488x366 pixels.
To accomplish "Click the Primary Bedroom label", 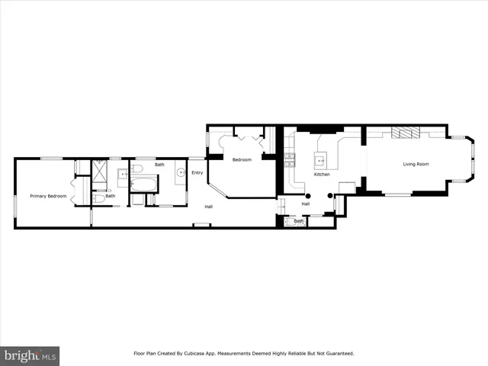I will (48, 196).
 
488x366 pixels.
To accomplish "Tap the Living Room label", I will (416, 164).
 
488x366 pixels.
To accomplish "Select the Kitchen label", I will (322, 175).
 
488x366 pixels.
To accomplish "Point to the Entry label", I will (197, 173).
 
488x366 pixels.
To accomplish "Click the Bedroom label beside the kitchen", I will (242, 159).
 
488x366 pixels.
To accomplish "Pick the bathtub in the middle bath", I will (143, 184).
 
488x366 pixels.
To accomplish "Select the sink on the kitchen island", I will (321, 159).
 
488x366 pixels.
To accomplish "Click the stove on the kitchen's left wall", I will (290, 159).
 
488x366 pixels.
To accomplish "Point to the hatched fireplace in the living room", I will (404, 133).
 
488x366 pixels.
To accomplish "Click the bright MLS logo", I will (29, 356).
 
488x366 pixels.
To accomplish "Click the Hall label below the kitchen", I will (305, 204).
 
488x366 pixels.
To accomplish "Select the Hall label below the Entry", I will (207, 207).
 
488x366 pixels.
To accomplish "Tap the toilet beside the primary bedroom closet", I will (98, 199).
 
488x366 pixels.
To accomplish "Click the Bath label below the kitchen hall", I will (299, 221).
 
